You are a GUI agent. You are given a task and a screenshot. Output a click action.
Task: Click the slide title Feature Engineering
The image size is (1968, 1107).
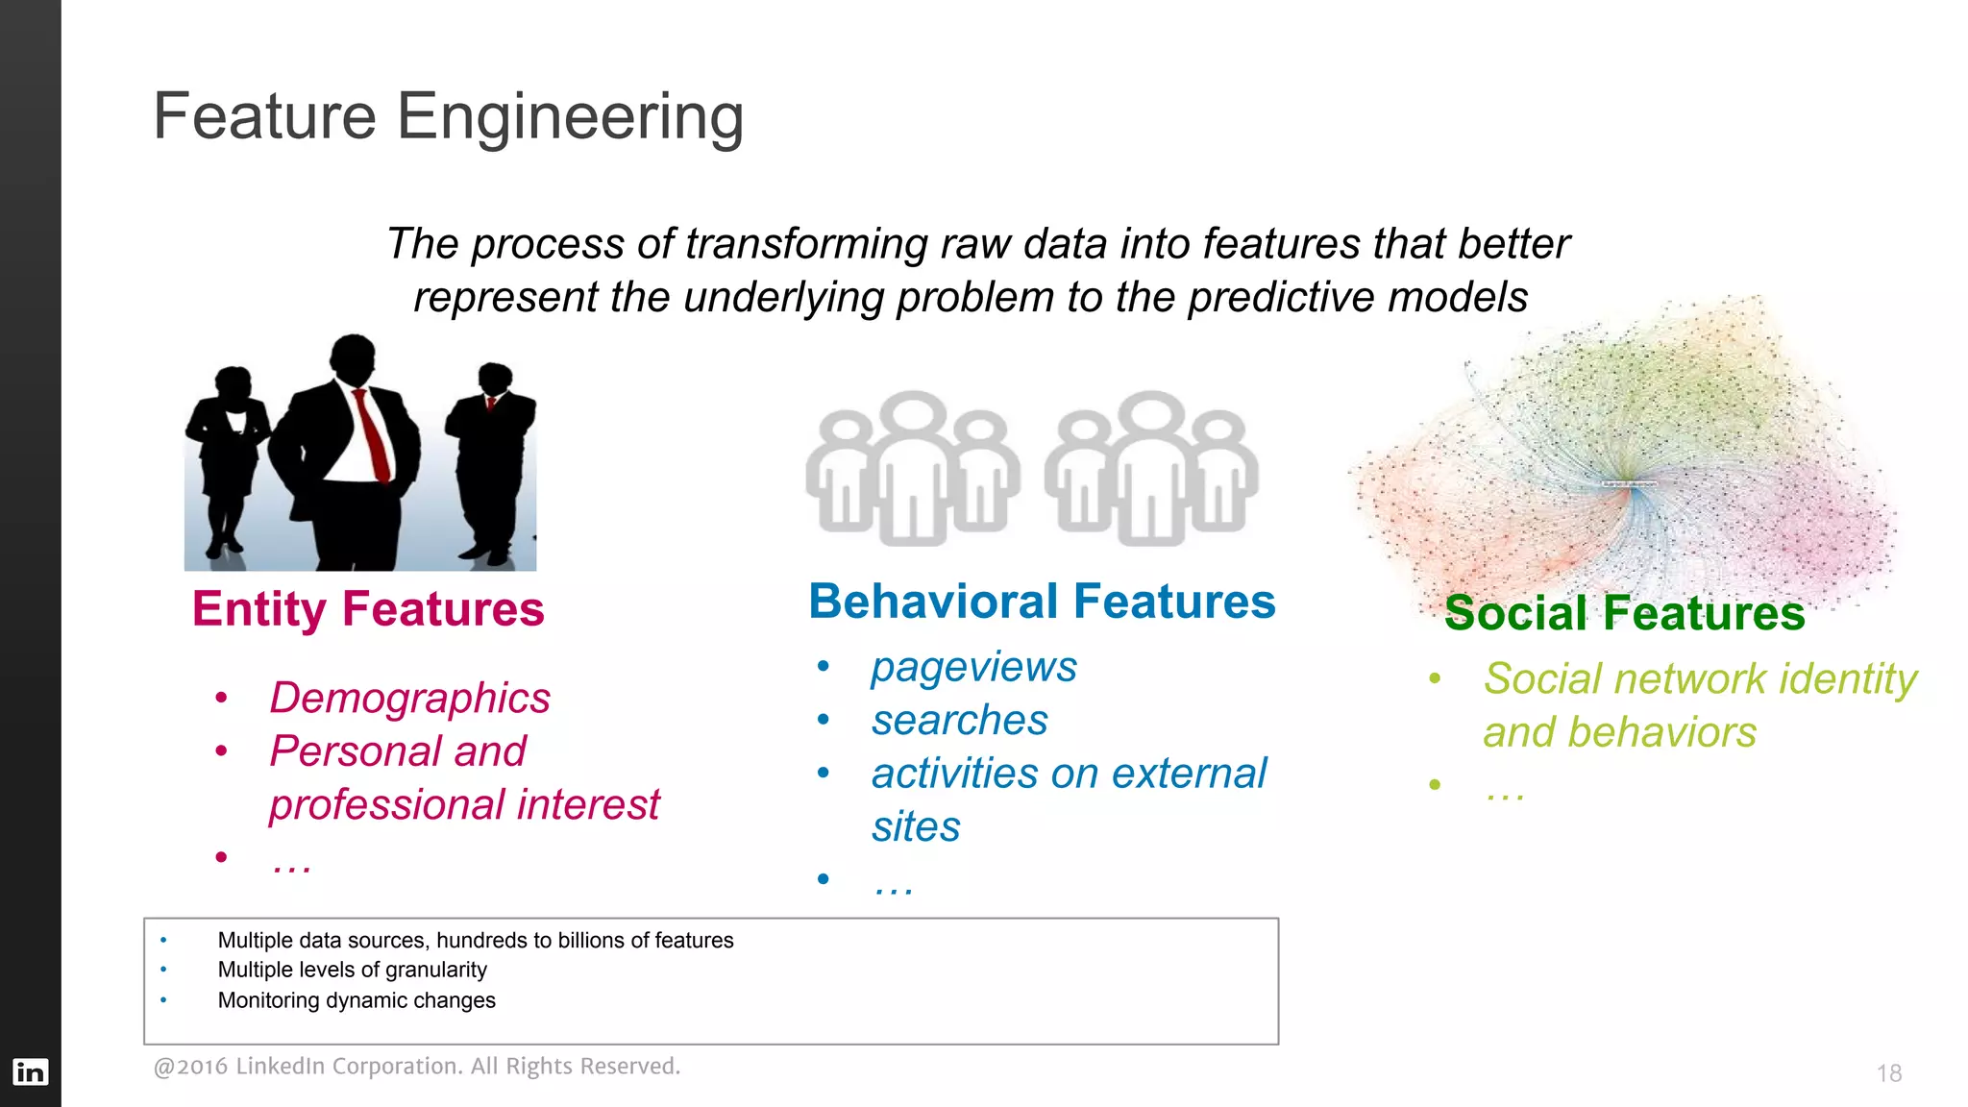tap(448, 116)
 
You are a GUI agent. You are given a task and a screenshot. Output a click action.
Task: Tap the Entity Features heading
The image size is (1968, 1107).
tap(368, 609)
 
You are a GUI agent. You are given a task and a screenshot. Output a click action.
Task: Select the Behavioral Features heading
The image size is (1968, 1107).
tap(1042, 603)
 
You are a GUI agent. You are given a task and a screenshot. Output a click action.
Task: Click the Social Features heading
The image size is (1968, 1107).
tap(1624, 613)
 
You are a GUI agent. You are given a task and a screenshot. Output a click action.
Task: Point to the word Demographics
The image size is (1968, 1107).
tap(409, 698)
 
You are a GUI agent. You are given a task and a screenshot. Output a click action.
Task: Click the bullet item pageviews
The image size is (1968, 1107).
tap(973, 667)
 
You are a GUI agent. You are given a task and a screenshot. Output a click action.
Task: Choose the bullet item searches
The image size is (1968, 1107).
tap(959, 721)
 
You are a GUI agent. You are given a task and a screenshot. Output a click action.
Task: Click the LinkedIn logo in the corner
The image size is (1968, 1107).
tap(30, 1071)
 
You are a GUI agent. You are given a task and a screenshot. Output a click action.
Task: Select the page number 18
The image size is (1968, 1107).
tap(1888, 1073)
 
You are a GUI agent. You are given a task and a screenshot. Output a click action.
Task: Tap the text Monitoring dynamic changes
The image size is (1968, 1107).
tap(357, 1000)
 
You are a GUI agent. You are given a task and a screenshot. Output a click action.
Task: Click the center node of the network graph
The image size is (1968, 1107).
tap(1629, 484)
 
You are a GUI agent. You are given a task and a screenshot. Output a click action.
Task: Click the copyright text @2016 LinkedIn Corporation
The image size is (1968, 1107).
tap(416, 1067)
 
